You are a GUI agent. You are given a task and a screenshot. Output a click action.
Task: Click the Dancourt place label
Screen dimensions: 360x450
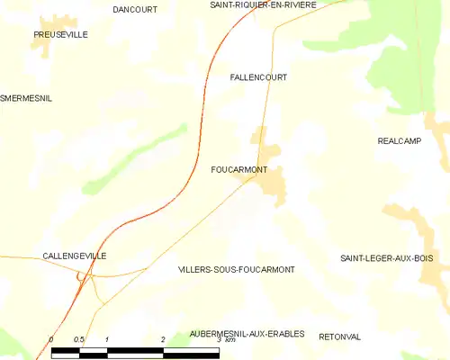point(135,9)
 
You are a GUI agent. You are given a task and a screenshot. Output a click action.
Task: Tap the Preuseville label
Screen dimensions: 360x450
point(60,34)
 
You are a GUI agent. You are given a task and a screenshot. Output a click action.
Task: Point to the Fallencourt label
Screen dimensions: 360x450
point(258,77)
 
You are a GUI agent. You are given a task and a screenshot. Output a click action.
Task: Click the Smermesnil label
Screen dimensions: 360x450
point(26,98)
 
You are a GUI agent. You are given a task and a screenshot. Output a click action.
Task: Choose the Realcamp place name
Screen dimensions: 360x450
point(400,140)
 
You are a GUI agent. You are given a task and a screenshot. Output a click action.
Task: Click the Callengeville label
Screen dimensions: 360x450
point(75,256)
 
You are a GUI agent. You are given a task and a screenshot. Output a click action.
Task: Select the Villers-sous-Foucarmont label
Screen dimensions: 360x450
point(237,269)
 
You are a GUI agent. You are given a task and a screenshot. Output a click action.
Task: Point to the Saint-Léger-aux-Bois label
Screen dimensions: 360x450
point(387,258)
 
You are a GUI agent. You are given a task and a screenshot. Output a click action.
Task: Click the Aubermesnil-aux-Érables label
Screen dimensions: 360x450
point(247,334)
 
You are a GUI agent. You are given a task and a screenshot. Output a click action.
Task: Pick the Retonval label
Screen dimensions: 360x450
point(340,337)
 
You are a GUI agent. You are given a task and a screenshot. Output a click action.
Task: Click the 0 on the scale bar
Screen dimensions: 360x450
point(51,339)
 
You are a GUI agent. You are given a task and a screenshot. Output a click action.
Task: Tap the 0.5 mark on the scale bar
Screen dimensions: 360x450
point(79,339)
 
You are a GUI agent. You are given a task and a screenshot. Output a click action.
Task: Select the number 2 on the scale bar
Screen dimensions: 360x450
point(163,339)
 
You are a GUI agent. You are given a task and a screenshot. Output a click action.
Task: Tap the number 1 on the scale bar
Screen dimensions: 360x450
point(107,339)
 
